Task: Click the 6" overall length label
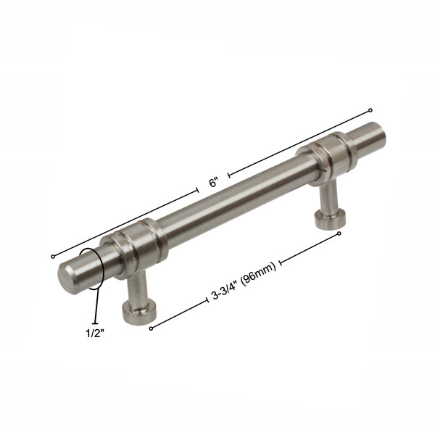click(x=214, y=182)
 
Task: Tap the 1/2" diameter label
click(x=95, y=333)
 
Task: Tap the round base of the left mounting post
click(x=139, y=312)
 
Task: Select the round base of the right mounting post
click(x=331, y=219)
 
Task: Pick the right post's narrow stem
click(x=328, y=197)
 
